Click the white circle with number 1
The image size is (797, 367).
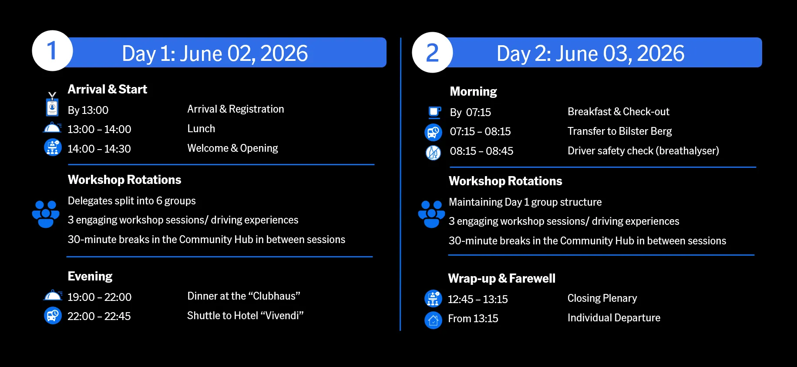52,50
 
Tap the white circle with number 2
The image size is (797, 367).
432,52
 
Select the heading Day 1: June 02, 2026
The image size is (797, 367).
215,53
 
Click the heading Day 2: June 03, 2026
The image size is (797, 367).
590,53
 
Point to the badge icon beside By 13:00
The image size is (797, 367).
52,104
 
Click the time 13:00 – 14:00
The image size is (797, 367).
99,129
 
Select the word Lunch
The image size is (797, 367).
201,129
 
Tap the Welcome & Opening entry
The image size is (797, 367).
232,148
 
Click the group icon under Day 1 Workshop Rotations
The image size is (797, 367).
46,214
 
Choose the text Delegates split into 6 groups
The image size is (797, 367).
131,201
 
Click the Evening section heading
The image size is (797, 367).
90,276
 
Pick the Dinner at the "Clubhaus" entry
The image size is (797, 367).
244,296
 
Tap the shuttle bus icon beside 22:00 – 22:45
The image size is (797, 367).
53,316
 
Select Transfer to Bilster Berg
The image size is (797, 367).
619,131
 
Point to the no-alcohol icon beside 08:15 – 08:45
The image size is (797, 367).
433,153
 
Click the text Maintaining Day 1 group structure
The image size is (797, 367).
525,202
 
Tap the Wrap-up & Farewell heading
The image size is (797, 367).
501,278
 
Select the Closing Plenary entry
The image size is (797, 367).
602,298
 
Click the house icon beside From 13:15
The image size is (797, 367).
433,320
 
